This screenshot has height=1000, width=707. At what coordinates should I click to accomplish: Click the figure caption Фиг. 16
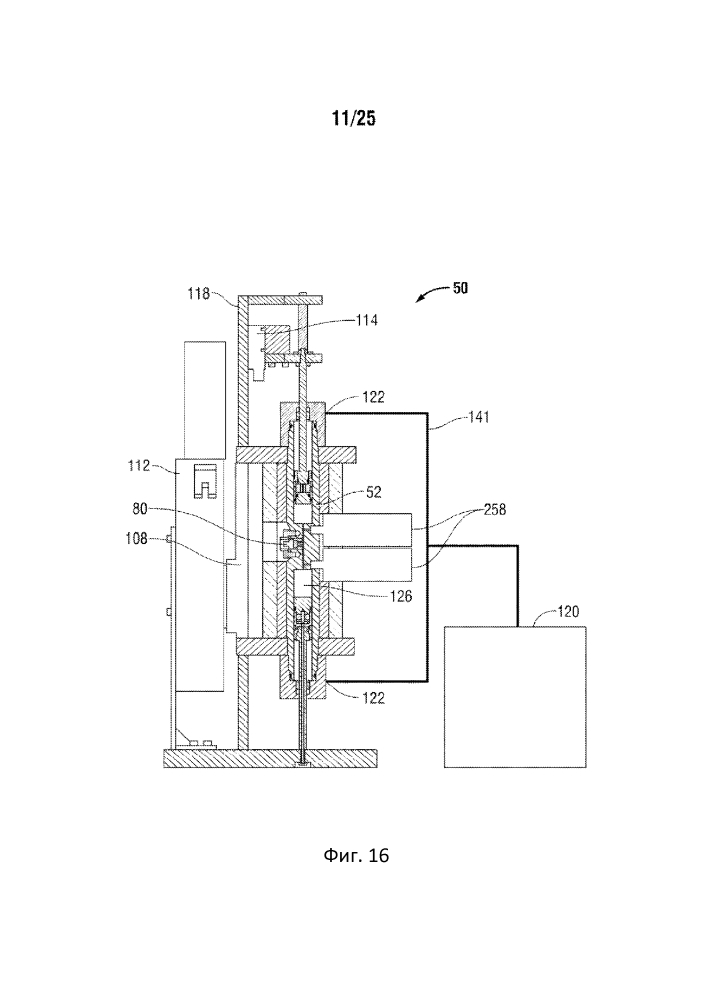click(353, 856)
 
